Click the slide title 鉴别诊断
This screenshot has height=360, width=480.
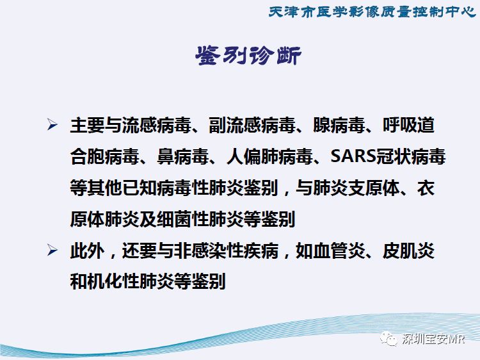point(248,56)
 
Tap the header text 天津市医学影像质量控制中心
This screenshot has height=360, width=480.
point(372,12)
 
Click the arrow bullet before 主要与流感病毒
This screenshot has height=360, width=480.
point(52,124)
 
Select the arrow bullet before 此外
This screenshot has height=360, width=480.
point(52,250)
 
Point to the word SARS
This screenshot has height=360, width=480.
point(353,156)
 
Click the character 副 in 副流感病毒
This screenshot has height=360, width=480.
point(218,125)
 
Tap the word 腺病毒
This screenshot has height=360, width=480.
point(339,125)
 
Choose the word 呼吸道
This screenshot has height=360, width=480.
point(409,125)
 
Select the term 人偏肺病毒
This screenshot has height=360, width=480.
point(269,156)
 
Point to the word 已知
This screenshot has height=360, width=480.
point(140,188)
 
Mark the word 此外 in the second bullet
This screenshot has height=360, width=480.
point(87,250)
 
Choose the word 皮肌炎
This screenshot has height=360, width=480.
point(409,250)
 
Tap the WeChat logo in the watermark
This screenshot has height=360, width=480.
point(388,339)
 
